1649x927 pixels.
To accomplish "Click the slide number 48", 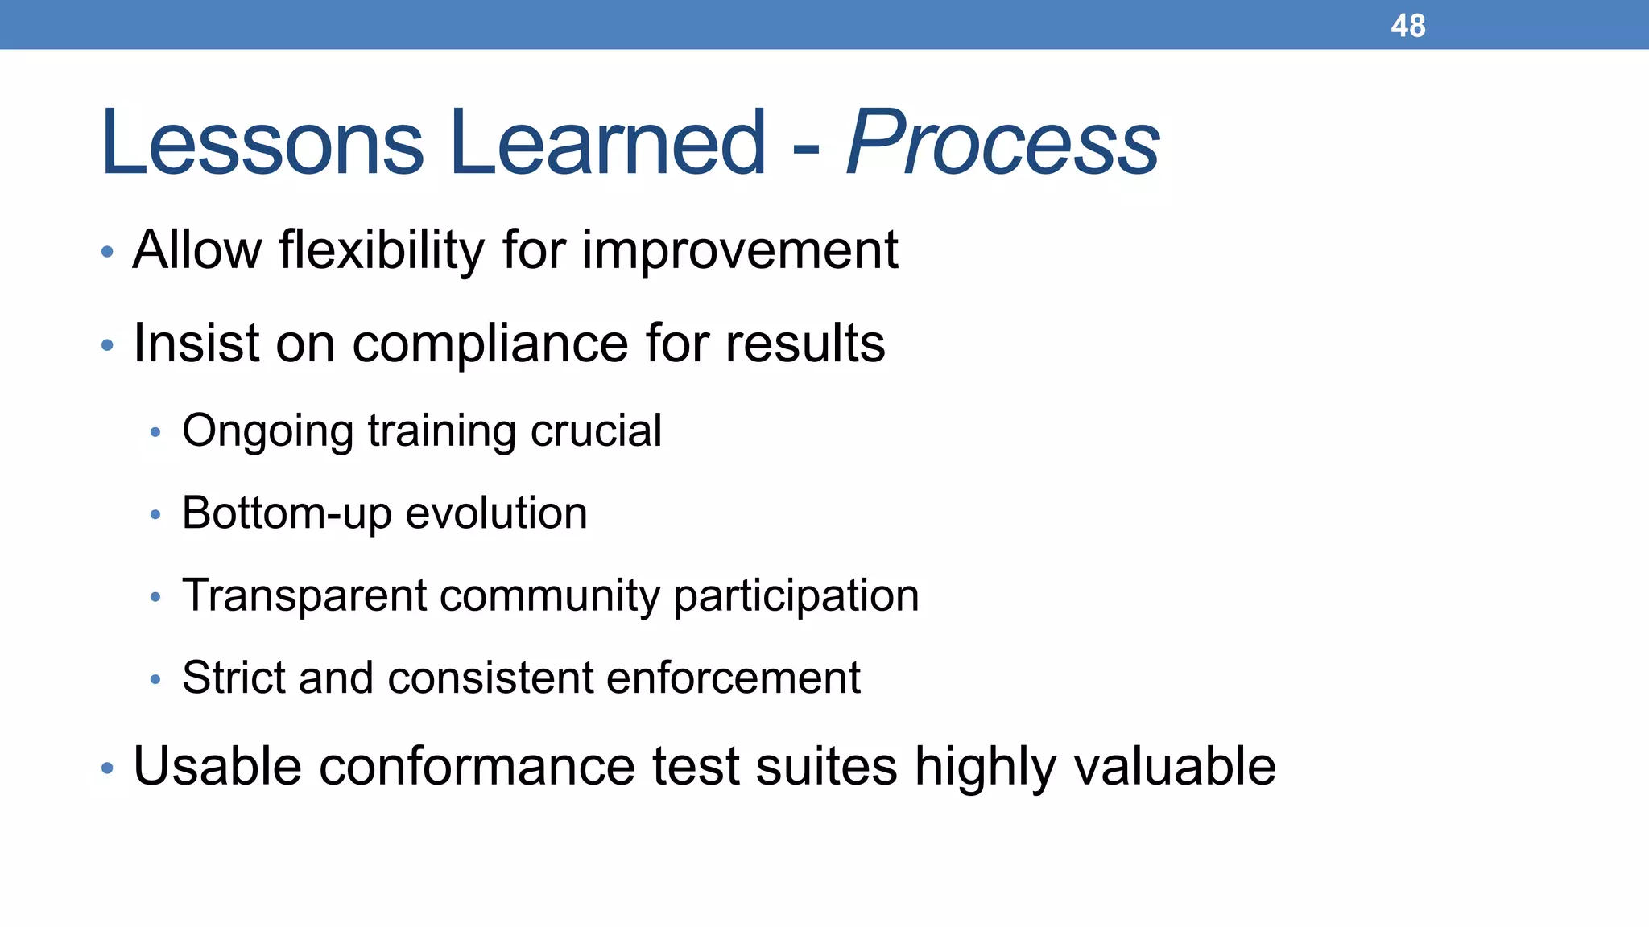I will coord(1407,26).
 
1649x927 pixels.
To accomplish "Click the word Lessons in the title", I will coord(262,143).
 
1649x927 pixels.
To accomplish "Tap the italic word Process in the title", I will coord(1002,143).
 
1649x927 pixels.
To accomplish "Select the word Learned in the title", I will coord(608,143).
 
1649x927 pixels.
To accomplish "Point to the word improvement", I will coord(739,250).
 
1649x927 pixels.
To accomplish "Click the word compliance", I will coord(490,344).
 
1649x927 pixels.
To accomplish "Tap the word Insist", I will coord(196,343).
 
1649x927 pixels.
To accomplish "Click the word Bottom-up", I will coord(287,514).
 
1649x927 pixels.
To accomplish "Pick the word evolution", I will coord(496,513).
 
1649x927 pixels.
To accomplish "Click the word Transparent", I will coord(304,596).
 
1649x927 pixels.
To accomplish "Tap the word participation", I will coord(796,597).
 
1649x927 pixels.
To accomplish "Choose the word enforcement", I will coord(733,678).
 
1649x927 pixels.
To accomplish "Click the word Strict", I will coord(233,678).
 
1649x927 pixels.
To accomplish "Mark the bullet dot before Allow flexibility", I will coord(107,253).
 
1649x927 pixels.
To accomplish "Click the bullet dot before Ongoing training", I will coord(155,433).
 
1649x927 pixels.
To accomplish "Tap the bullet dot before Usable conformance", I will coord(107,768).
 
